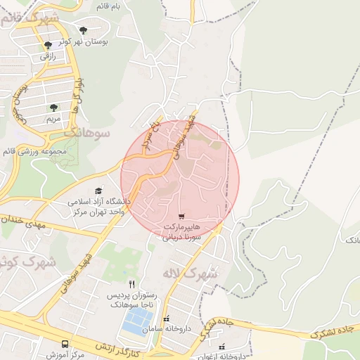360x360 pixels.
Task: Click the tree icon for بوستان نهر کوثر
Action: pos(84,30)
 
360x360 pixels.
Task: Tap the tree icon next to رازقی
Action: pos(48,44)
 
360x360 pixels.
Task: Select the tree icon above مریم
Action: pos(53,108)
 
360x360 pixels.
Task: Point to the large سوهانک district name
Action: pos(87,131)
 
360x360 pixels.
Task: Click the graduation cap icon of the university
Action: pos(98,191)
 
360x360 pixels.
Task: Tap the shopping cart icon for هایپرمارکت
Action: pos(182,217)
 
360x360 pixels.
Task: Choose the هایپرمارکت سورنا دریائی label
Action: pos(182,233)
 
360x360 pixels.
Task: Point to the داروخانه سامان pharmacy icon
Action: pos(166,319)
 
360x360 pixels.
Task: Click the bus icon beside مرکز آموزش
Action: pos(65,344)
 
